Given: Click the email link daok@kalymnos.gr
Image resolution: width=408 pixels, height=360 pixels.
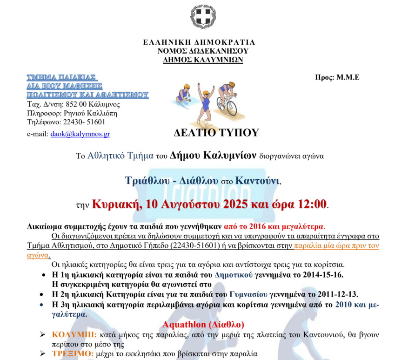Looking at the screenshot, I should [x=80, y=134].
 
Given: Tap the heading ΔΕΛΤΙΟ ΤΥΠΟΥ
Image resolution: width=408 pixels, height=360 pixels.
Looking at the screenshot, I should [x=216, y=133].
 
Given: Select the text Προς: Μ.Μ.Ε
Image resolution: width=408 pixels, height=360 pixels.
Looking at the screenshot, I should [x=337, y=77].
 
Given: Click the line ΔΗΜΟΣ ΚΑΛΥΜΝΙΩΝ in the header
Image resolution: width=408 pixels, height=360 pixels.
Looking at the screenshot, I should [x=203, y=60].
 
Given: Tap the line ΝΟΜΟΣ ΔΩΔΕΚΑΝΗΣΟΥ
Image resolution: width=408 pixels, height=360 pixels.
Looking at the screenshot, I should [x=203, y=51].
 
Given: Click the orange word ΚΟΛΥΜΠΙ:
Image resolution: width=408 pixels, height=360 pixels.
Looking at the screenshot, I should [x=74, y=334].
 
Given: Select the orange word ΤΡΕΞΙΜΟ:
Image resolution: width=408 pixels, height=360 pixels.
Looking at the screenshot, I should [x=73, y=354].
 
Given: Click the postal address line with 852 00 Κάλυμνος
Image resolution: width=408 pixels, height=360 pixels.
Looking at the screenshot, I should [x=74, y=104].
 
